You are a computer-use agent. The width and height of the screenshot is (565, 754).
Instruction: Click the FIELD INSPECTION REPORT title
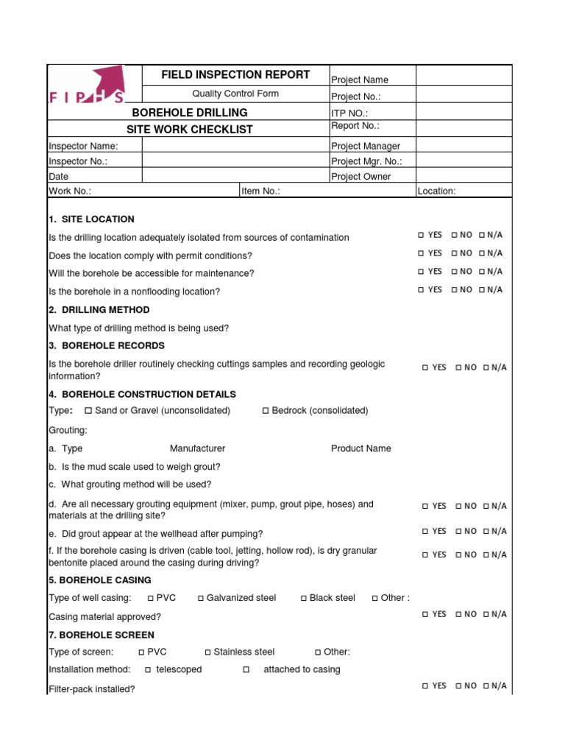coord(235,75)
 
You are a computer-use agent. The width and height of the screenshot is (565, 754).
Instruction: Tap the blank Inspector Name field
coord(235,146)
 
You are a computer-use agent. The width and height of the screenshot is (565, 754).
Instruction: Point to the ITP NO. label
coord(348,113)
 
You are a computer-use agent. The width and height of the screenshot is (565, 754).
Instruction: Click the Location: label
coord(437,191)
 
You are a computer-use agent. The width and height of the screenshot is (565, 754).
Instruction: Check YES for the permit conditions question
coord(421,253)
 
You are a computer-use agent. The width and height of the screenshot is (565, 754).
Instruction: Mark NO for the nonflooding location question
coord(454,290)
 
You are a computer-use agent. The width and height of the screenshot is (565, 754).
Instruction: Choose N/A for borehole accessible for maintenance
coord(481,272)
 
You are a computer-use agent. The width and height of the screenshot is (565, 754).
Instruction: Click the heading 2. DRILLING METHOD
coord(99,310)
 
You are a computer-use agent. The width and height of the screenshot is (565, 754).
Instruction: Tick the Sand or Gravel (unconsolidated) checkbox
coord(88,410)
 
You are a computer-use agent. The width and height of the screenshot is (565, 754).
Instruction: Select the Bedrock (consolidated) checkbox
coord(266,410)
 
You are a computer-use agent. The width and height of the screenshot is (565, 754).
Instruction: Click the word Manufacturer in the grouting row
coord(197,448)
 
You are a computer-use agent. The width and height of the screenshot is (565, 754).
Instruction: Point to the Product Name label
coord(360,448)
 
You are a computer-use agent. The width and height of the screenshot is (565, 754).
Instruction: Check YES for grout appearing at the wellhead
coord(425,531)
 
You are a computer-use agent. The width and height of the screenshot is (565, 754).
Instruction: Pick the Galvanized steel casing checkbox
coord(200,598)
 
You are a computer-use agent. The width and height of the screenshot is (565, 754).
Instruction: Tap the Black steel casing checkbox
coord(304,598)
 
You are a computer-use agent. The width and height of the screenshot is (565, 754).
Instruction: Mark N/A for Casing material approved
coord(486,614)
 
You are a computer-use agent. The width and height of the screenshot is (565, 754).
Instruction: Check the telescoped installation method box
coord(148,669)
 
